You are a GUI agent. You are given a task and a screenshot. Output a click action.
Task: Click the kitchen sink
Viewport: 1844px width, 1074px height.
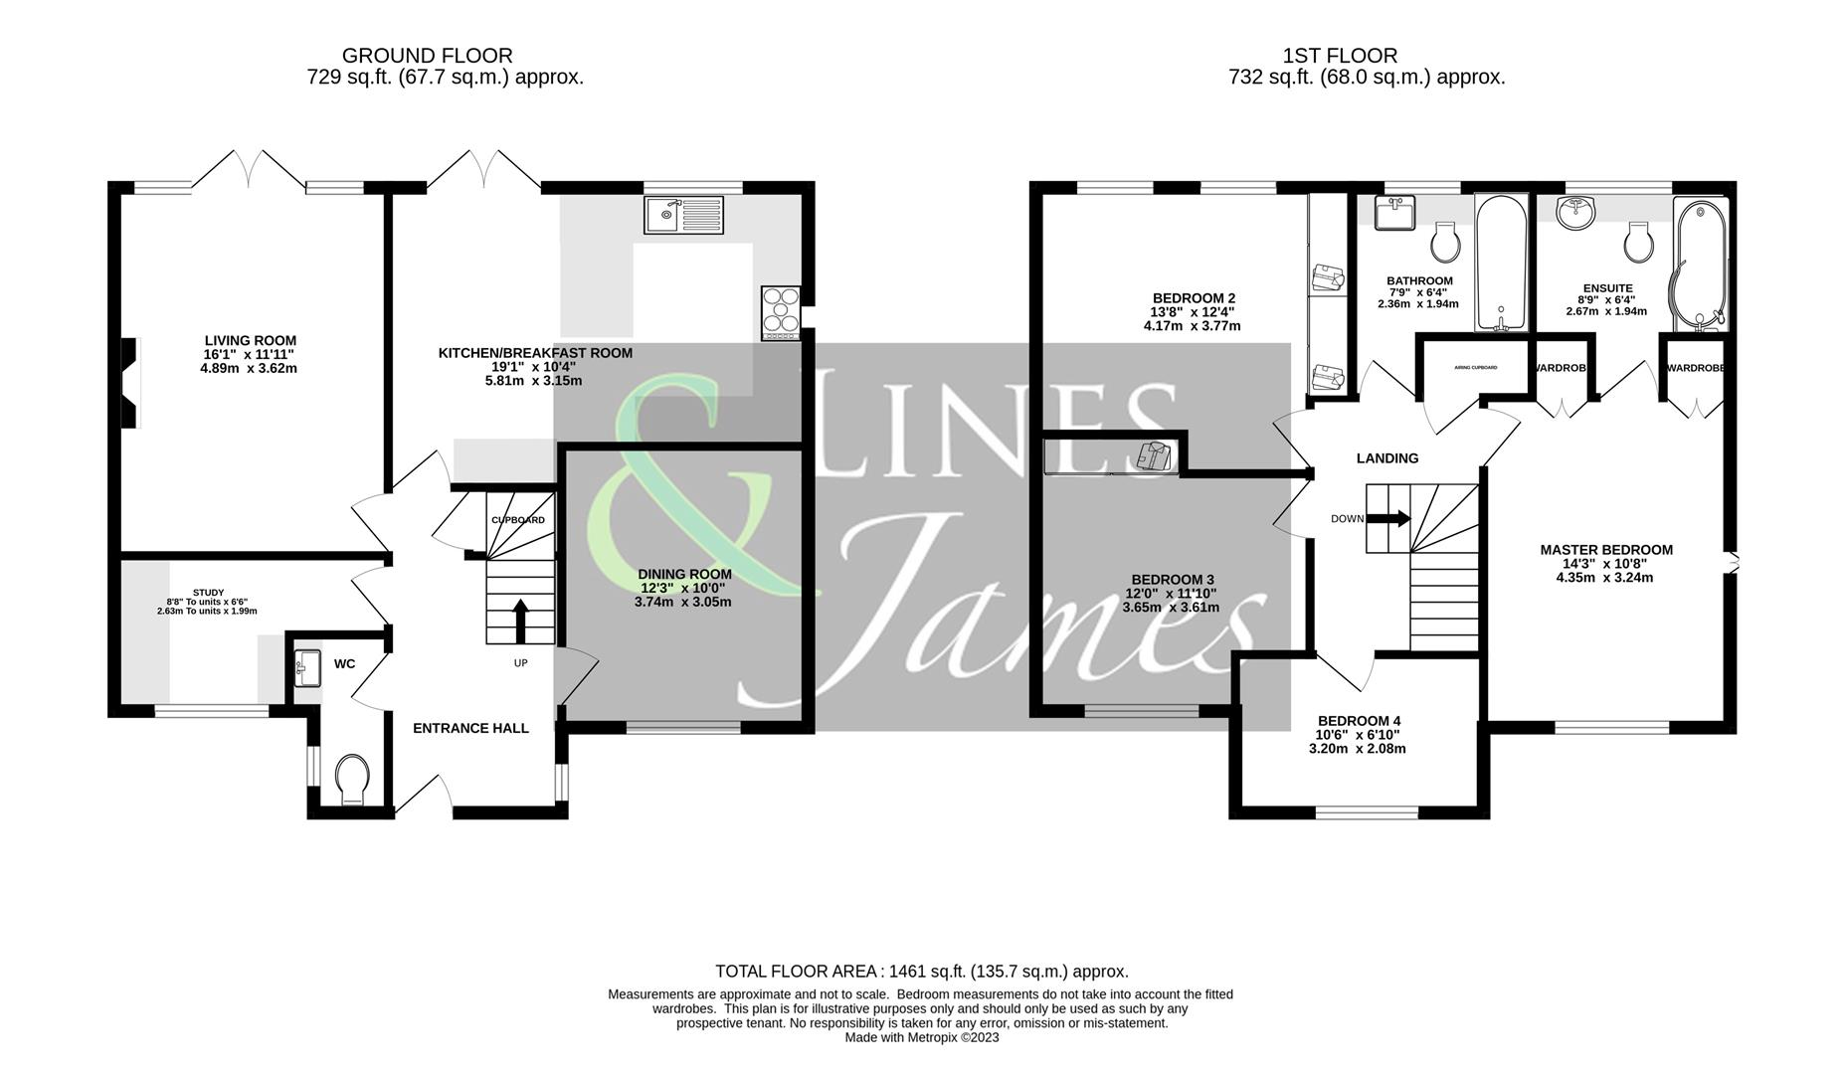click(x=683, y=215)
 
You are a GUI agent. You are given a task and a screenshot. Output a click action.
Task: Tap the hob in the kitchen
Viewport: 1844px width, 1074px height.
click(x=781, y=312)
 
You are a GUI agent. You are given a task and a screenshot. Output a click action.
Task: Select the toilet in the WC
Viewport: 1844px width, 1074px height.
click(x=352, y=778)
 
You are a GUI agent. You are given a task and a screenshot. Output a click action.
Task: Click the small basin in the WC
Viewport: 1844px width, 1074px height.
click(x=306, y=668)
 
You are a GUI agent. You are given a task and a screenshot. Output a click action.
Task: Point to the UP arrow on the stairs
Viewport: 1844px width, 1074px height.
click(x=519, y=621)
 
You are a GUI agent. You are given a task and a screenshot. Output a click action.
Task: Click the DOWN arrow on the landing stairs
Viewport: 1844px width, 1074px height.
click(x=1388, y=518)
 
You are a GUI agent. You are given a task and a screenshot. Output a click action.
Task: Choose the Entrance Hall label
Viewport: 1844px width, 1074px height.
click(x=470, y=728)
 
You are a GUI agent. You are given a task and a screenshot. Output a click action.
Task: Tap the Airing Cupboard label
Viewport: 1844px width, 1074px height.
click(x=1475, y=368)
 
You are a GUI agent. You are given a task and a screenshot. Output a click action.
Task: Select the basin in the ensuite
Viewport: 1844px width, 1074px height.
click(x=1575, y=212)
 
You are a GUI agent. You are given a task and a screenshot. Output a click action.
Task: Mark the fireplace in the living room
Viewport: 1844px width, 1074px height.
click(x=129, y=383)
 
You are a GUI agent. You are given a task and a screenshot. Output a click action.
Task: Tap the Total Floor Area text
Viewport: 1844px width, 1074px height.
click(x=921, y=972)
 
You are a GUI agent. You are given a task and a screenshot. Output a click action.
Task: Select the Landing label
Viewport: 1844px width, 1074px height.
click(x=1387, y=458)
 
